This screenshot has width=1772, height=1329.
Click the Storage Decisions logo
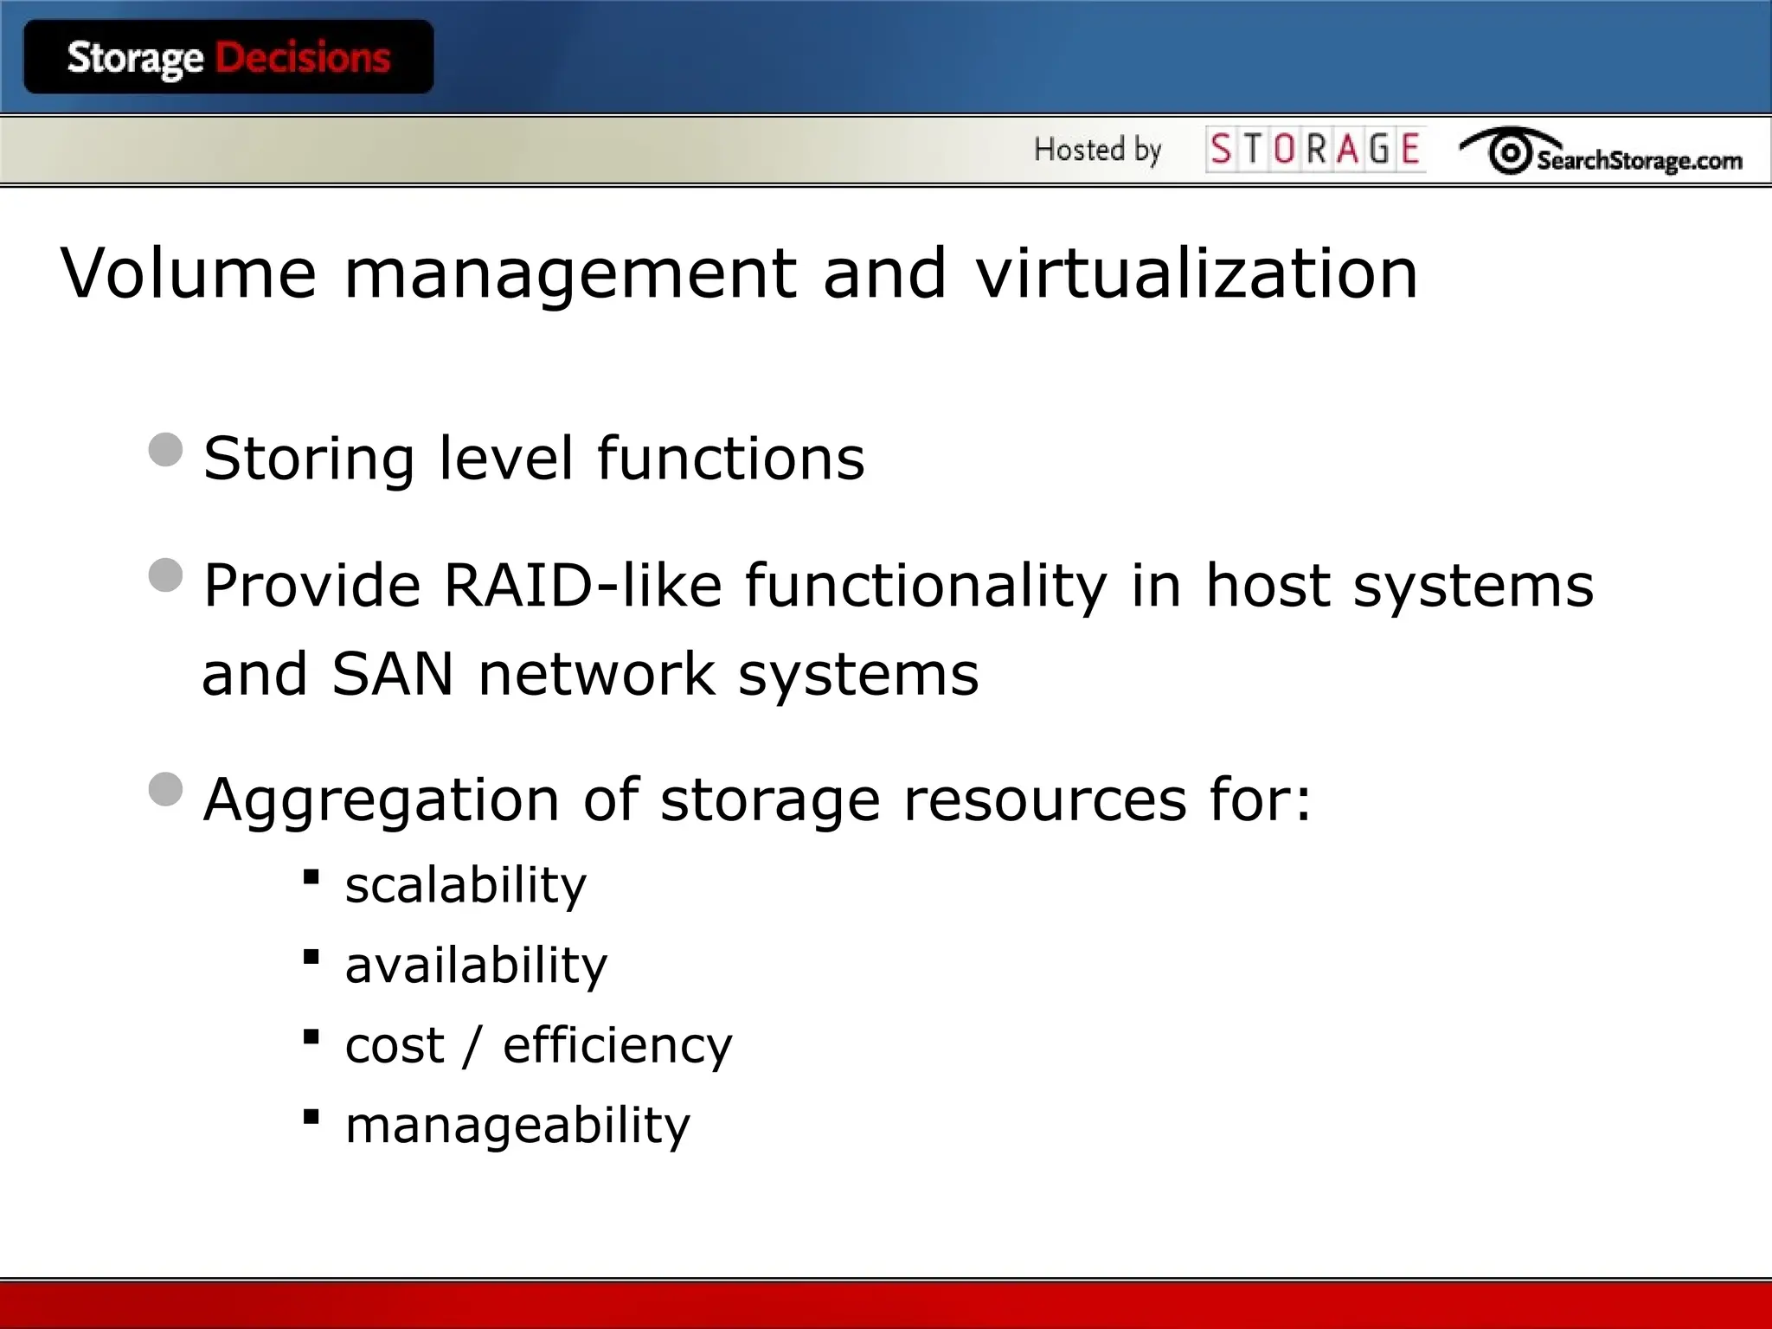click(228, 58)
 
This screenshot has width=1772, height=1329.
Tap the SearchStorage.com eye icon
click(1510, 153)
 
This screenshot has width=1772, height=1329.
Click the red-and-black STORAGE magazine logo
click(1315, 150)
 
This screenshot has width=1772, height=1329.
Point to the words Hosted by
click(1097, 150)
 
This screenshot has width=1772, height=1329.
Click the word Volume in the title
click(189, 273)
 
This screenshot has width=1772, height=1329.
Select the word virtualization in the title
click(1197, 273)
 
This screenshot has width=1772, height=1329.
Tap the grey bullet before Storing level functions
click(165, 450)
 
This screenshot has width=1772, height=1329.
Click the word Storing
click(309, 459)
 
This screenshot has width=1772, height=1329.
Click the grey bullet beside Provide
click(165, 575)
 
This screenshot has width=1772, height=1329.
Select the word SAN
click(392, 674)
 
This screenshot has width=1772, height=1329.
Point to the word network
click(597, 674)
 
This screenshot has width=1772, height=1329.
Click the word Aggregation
click(381, 800)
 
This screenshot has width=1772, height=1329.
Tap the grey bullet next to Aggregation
click(165, 789)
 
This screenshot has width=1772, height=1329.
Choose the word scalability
click(465, 885)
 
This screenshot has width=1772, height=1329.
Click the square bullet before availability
click(311, 957)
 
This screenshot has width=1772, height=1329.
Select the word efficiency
click(618, 1046)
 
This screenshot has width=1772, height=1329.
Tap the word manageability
click(517, 1127)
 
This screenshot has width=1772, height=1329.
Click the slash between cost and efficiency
click(472, 1046)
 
